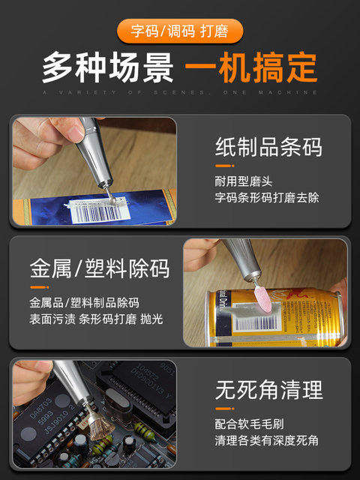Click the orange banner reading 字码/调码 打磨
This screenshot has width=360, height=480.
tap(179, 31)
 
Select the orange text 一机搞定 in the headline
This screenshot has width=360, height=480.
tap(250, 68)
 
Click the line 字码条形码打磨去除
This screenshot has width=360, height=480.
tap(266, 198)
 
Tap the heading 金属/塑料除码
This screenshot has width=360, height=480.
tap(100, 268)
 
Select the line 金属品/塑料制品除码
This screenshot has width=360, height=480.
tap(84, 303)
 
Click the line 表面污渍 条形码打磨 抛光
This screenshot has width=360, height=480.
tap(96, 319)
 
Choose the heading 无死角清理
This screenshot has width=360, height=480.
tap(268, 389)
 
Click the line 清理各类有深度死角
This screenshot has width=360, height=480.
tap(266, 440)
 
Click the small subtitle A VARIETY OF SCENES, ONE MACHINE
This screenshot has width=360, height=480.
tap(179, 92)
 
